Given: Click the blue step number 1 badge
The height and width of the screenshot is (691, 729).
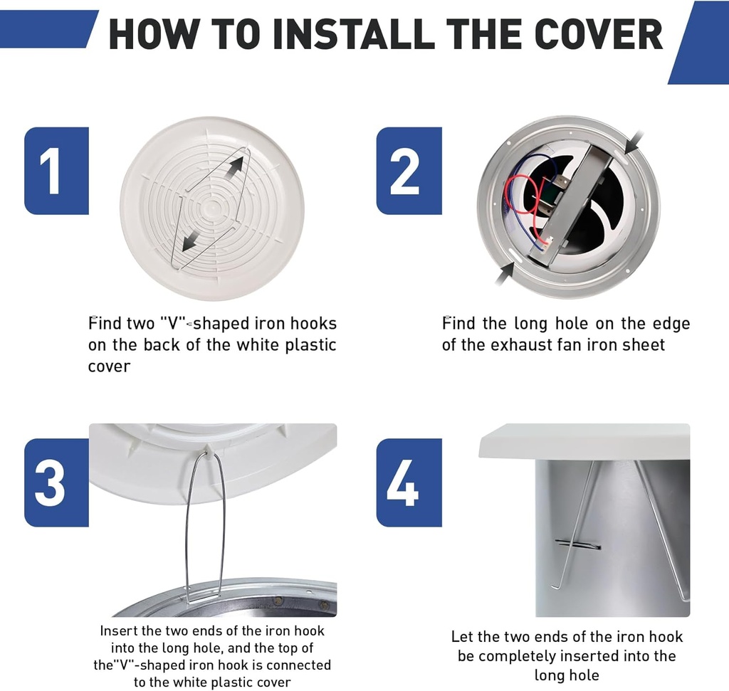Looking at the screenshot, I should click(x=56, y=171).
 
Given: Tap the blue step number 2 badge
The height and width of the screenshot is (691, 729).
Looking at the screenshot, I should click(x=409, y=171).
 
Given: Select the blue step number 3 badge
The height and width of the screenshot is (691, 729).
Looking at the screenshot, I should click(x=56, y=482).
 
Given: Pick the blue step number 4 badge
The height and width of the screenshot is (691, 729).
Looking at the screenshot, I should click(x=409, y=482).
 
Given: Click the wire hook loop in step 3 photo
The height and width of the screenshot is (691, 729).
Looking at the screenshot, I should click(x=205, y=527).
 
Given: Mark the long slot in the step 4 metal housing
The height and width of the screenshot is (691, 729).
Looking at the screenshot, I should click(x=577, y=545).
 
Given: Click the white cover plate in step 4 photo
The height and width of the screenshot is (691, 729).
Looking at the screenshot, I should click(x=584, y=441).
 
